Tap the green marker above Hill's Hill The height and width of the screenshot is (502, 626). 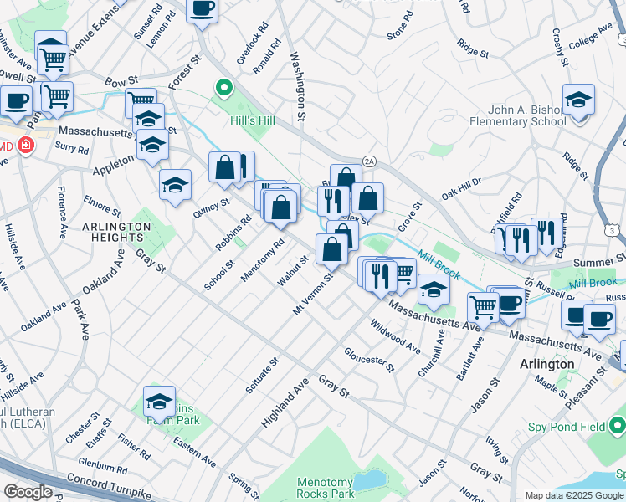pos(223,86)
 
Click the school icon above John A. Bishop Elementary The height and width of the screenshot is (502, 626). pos(578,101)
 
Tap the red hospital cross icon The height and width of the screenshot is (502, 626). pos(27,146)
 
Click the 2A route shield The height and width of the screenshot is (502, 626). pos(369,161)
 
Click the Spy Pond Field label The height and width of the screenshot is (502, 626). pos(567,427)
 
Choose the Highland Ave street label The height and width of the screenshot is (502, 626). pos(285,402)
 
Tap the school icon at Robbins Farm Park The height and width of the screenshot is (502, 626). pos(159,402)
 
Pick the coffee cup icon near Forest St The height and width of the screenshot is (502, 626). pos(201,10)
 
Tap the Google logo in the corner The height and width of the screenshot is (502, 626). pos(28,492)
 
